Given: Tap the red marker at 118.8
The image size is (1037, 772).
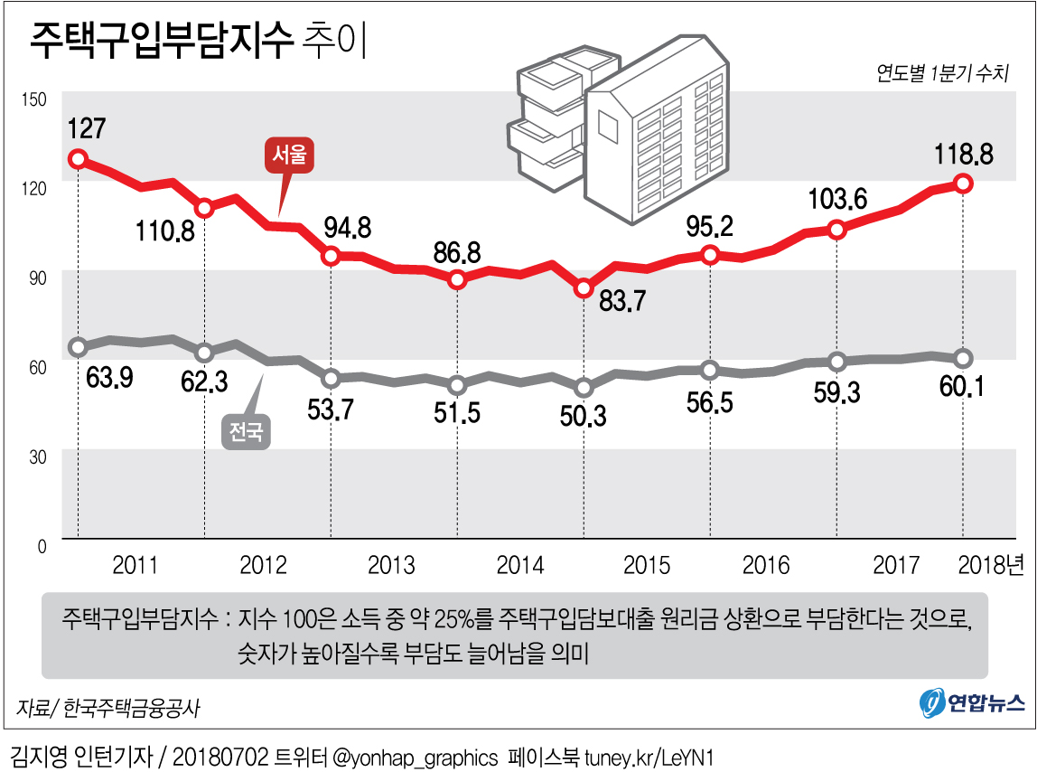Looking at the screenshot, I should (x=964, y=184).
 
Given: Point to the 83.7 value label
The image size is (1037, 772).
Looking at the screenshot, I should (x=622, y=301).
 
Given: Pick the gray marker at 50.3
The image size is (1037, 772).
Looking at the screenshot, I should (x=584, y=388).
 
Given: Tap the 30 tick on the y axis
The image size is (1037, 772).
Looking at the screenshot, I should (x=37, y=457).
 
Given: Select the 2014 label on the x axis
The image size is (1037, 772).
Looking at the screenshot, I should (x=520, y=566).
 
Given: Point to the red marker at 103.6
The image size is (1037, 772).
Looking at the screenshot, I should (x=837, y=230).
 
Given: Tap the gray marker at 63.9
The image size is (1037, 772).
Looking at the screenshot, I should (x=79, y=347).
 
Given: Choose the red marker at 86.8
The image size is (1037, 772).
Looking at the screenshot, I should (x=457, y=279).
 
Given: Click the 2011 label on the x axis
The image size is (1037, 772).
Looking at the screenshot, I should (x=135, y=566).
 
